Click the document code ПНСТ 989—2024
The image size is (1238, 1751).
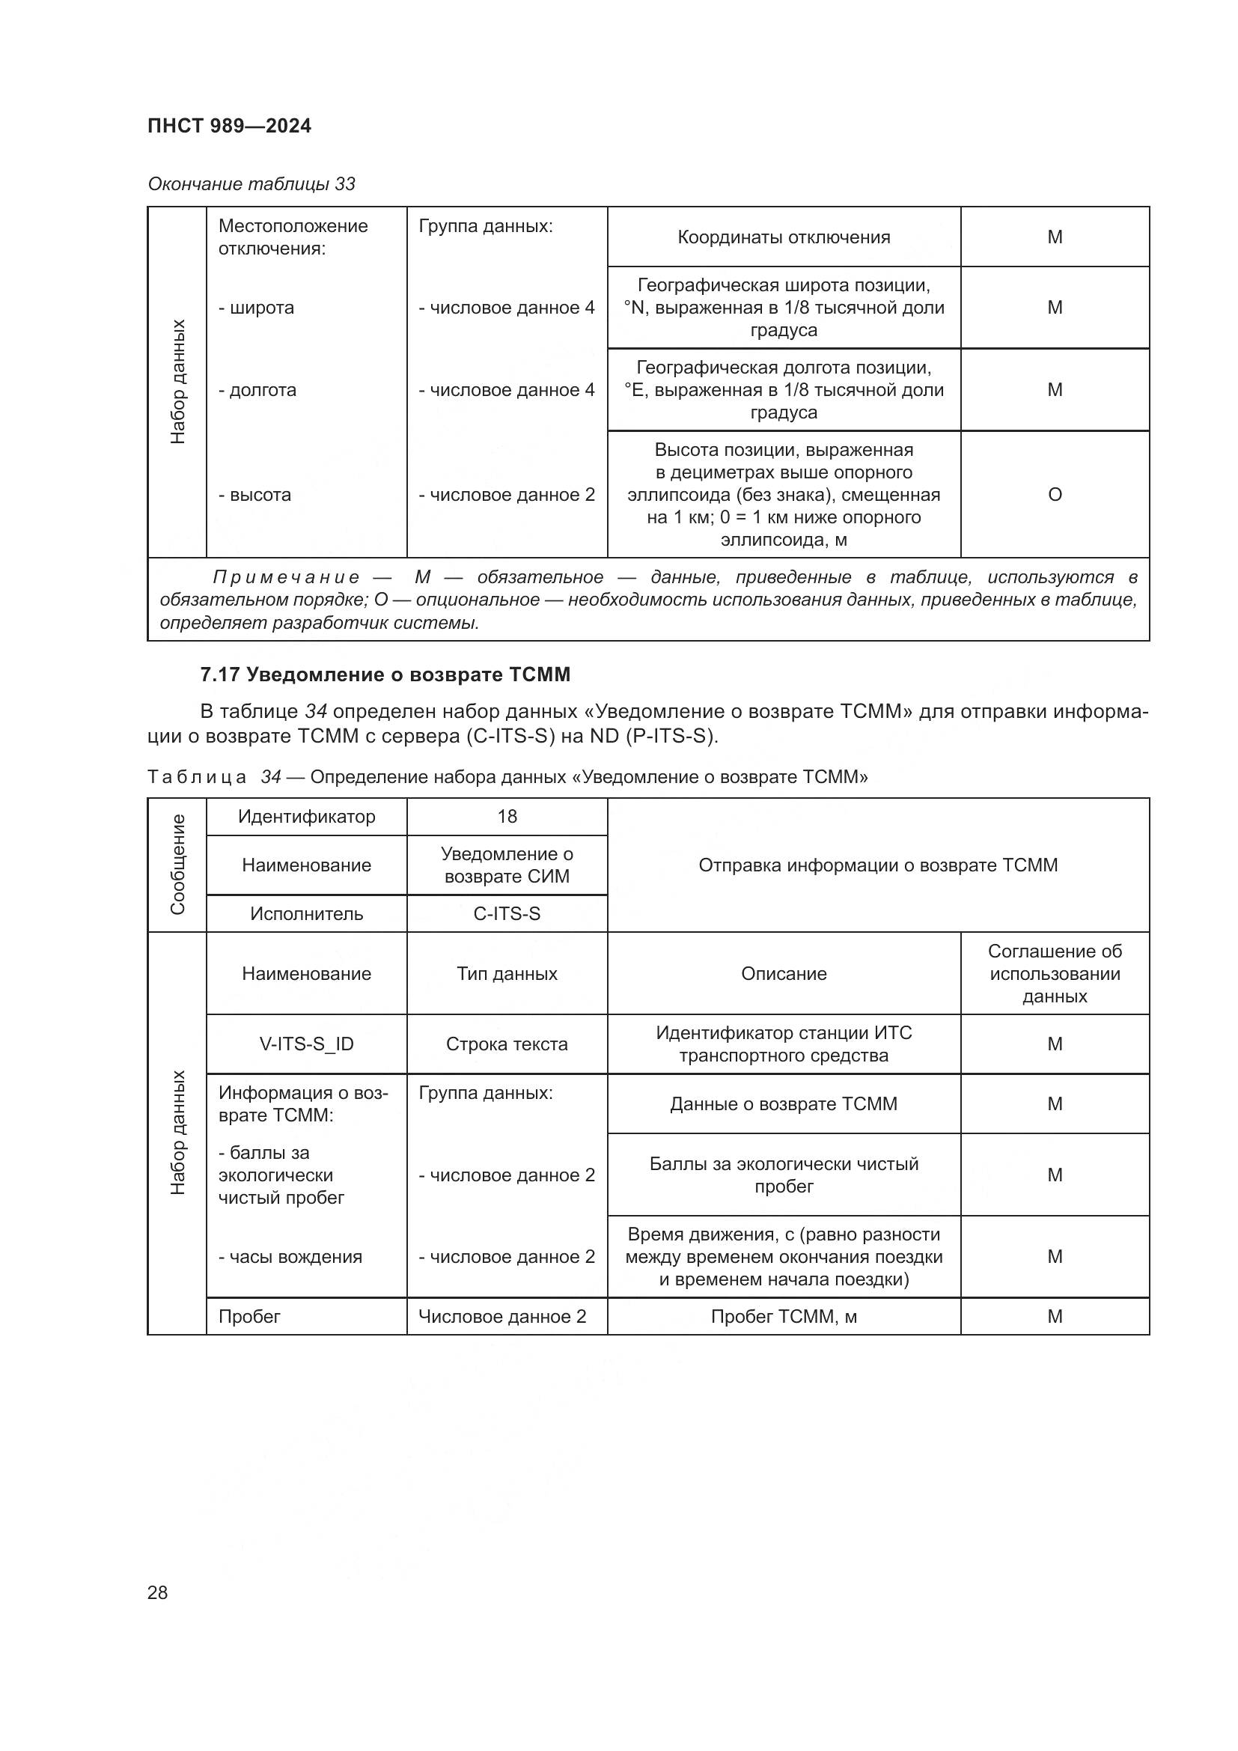pos(230,126)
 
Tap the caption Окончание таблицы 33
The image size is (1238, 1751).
pos(251,184)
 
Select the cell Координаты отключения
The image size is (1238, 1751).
pos(783,237)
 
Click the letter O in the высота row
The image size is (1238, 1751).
pos(1055,495)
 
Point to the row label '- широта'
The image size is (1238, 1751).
pos(256,308)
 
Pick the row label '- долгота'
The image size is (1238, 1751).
pos(257,391)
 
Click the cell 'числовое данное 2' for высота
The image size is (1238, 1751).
pos(506,495)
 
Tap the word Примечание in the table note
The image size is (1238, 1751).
pos(286,577)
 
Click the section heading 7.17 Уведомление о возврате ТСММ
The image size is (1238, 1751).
pos(385,675)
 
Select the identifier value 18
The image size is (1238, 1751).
pos(507,817)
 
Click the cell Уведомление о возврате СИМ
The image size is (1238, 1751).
pos(507,865)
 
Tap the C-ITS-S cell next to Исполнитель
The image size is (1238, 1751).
pos(507,913)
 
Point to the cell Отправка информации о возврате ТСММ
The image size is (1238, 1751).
pos(877,865)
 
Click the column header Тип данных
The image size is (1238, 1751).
pos(507,974)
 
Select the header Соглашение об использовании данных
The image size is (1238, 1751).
pos(1055,974)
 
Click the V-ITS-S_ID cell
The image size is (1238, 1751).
pos(306,1044)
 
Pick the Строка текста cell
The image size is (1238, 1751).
pos(507,1044)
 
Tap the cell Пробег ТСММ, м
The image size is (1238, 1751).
pos(783,1317)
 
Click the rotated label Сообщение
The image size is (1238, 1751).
pos(177,865)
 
